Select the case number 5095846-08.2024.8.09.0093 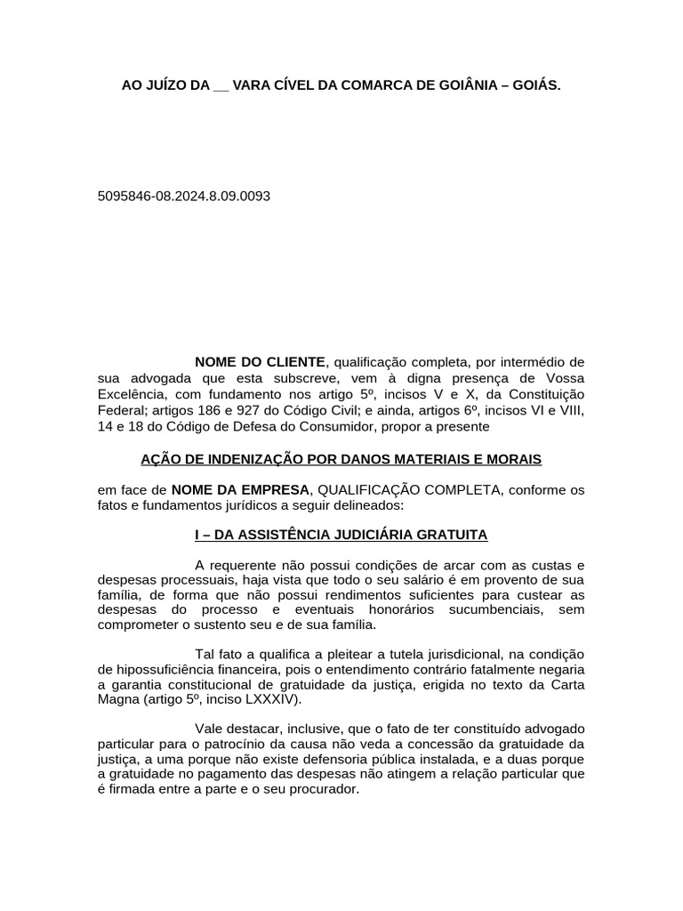(x=184, y=196)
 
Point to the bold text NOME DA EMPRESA (x=240, y=490)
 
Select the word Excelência (x=129, y=394)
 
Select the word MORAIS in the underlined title (x=510, y=459)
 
